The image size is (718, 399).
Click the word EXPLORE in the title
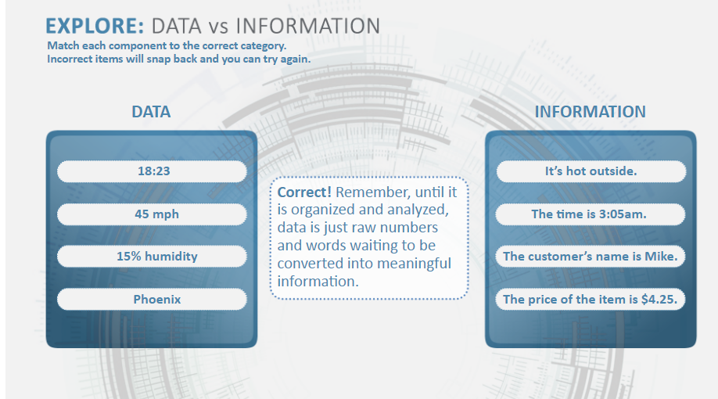point(95,26)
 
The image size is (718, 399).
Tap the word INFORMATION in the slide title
point(308,26)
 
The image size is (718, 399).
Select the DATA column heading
point(151,112)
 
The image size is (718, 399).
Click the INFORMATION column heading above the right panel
point(591,112)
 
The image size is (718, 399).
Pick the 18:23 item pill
point(152,171)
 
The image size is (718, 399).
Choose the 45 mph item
point(152,214)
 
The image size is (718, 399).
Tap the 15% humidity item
point(152,256)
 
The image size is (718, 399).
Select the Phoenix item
point(152,299)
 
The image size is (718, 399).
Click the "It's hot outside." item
point(591,171)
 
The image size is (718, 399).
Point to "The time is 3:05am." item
point(591,214)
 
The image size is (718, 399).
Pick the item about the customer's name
point(591,256)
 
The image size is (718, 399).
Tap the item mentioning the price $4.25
point(591,299)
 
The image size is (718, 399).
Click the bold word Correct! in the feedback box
point(304,192)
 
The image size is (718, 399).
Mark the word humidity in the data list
point(171,256)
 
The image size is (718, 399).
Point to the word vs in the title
point(218,27)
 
